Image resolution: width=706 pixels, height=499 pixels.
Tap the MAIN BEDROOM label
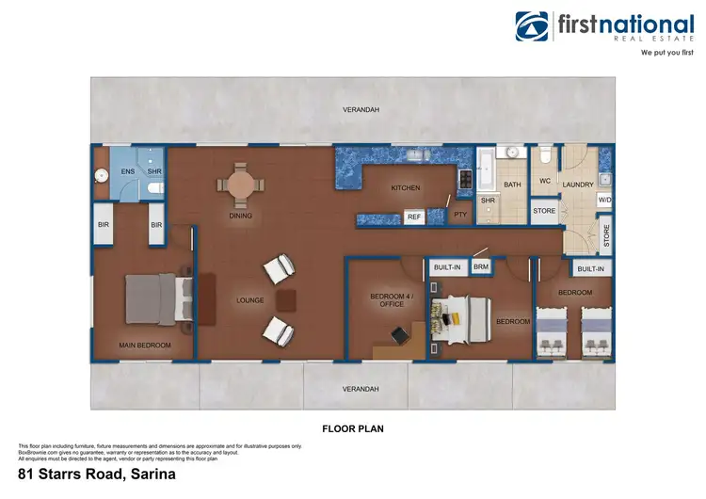(145, 346)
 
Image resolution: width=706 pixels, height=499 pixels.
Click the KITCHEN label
(406, 188)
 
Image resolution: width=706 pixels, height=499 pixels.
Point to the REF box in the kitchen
(414, 217)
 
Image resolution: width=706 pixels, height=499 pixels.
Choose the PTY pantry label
(460, 215)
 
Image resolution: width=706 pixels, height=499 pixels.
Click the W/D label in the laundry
(604, 200)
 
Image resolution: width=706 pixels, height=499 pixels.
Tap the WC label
(544, 181)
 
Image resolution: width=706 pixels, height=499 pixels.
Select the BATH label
(512, 185)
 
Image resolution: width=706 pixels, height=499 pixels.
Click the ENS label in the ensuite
(127, 172)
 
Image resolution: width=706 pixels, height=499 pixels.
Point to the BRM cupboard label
(481, 267)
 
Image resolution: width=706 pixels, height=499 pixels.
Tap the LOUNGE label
(249, 301)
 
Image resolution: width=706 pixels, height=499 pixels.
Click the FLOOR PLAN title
(352, 428)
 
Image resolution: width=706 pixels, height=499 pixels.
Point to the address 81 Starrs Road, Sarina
(96, 475)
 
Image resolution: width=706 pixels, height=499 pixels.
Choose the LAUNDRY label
(578, 185)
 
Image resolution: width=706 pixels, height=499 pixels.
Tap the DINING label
(241, 216)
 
